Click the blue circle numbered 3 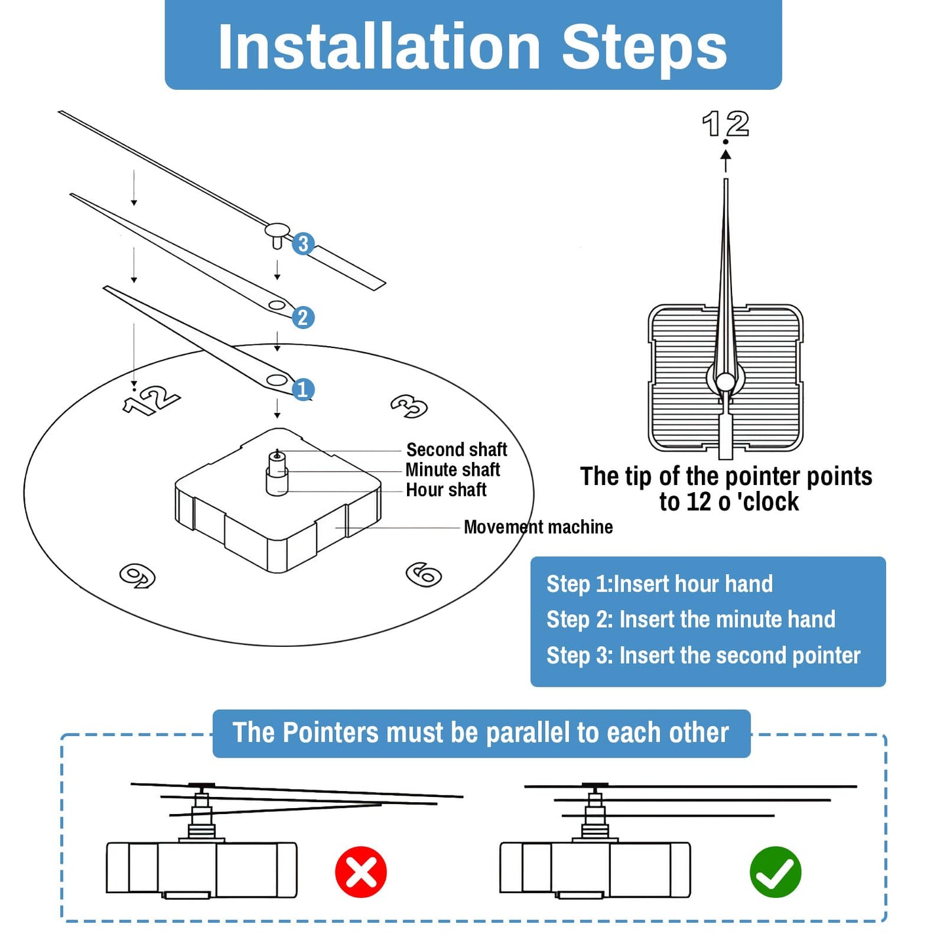pos(302,244)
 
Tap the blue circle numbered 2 pos(302,318)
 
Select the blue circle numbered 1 pos(302,390)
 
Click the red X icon pos(360,872)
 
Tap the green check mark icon pos(775,872)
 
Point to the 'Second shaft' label pos(456,450)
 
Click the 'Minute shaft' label pos(452,470)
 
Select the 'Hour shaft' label pos(446,490)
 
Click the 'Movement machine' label pos(538,527)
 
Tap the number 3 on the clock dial pos(409,406)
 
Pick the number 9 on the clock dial pos(138,575)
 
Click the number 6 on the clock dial pos(423,574)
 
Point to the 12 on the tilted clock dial pos(151,399)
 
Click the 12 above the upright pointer pos(725,124)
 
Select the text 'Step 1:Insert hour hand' pos(659,584)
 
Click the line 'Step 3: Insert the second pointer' pos(703,655)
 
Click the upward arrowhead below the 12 pos(725,155)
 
